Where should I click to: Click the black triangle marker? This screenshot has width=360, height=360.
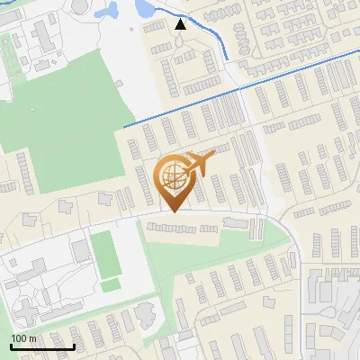pyautogui.click(x=181, y=24)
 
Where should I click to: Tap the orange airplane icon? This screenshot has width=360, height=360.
pyautogui.click(x=199, y=164)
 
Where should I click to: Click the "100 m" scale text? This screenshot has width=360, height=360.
pyautogui.click(x=23, y=337)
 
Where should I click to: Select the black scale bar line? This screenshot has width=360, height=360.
pyautogui.click(x=42, y=346)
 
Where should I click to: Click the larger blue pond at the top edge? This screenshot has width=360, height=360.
pyautogui.click(x=143, y=7)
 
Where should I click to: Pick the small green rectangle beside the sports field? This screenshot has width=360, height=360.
pyautogui.click(x=111, y=284)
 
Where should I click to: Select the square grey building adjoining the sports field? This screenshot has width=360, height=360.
pyautogui.click(x=81, y=248)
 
